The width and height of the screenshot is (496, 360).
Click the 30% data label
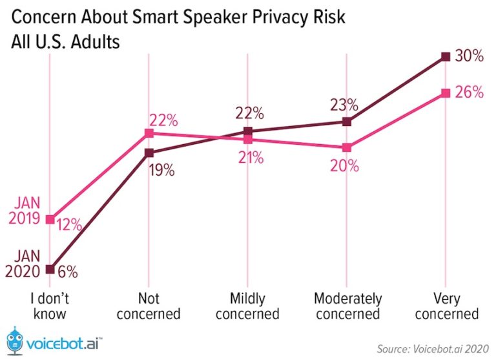[x=469, y=56]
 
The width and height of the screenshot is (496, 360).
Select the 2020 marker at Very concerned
[x=445, y=57]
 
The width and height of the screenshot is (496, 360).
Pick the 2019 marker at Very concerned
[x=445, y=93]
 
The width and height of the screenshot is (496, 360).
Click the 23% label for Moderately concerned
[x=345, y=104]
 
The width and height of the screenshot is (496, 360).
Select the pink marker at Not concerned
[x=149, y=133]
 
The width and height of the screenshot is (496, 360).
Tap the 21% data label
[x=249, y=157]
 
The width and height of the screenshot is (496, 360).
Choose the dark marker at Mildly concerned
[x=247, y=131]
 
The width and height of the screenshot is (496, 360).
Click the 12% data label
[x=68, y=225]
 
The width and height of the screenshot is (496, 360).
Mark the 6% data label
[x=67, y=272]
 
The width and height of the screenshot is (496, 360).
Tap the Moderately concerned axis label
[x=347, y=306]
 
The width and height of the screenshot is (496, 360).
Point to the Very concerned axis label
[x=446, y=306]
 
